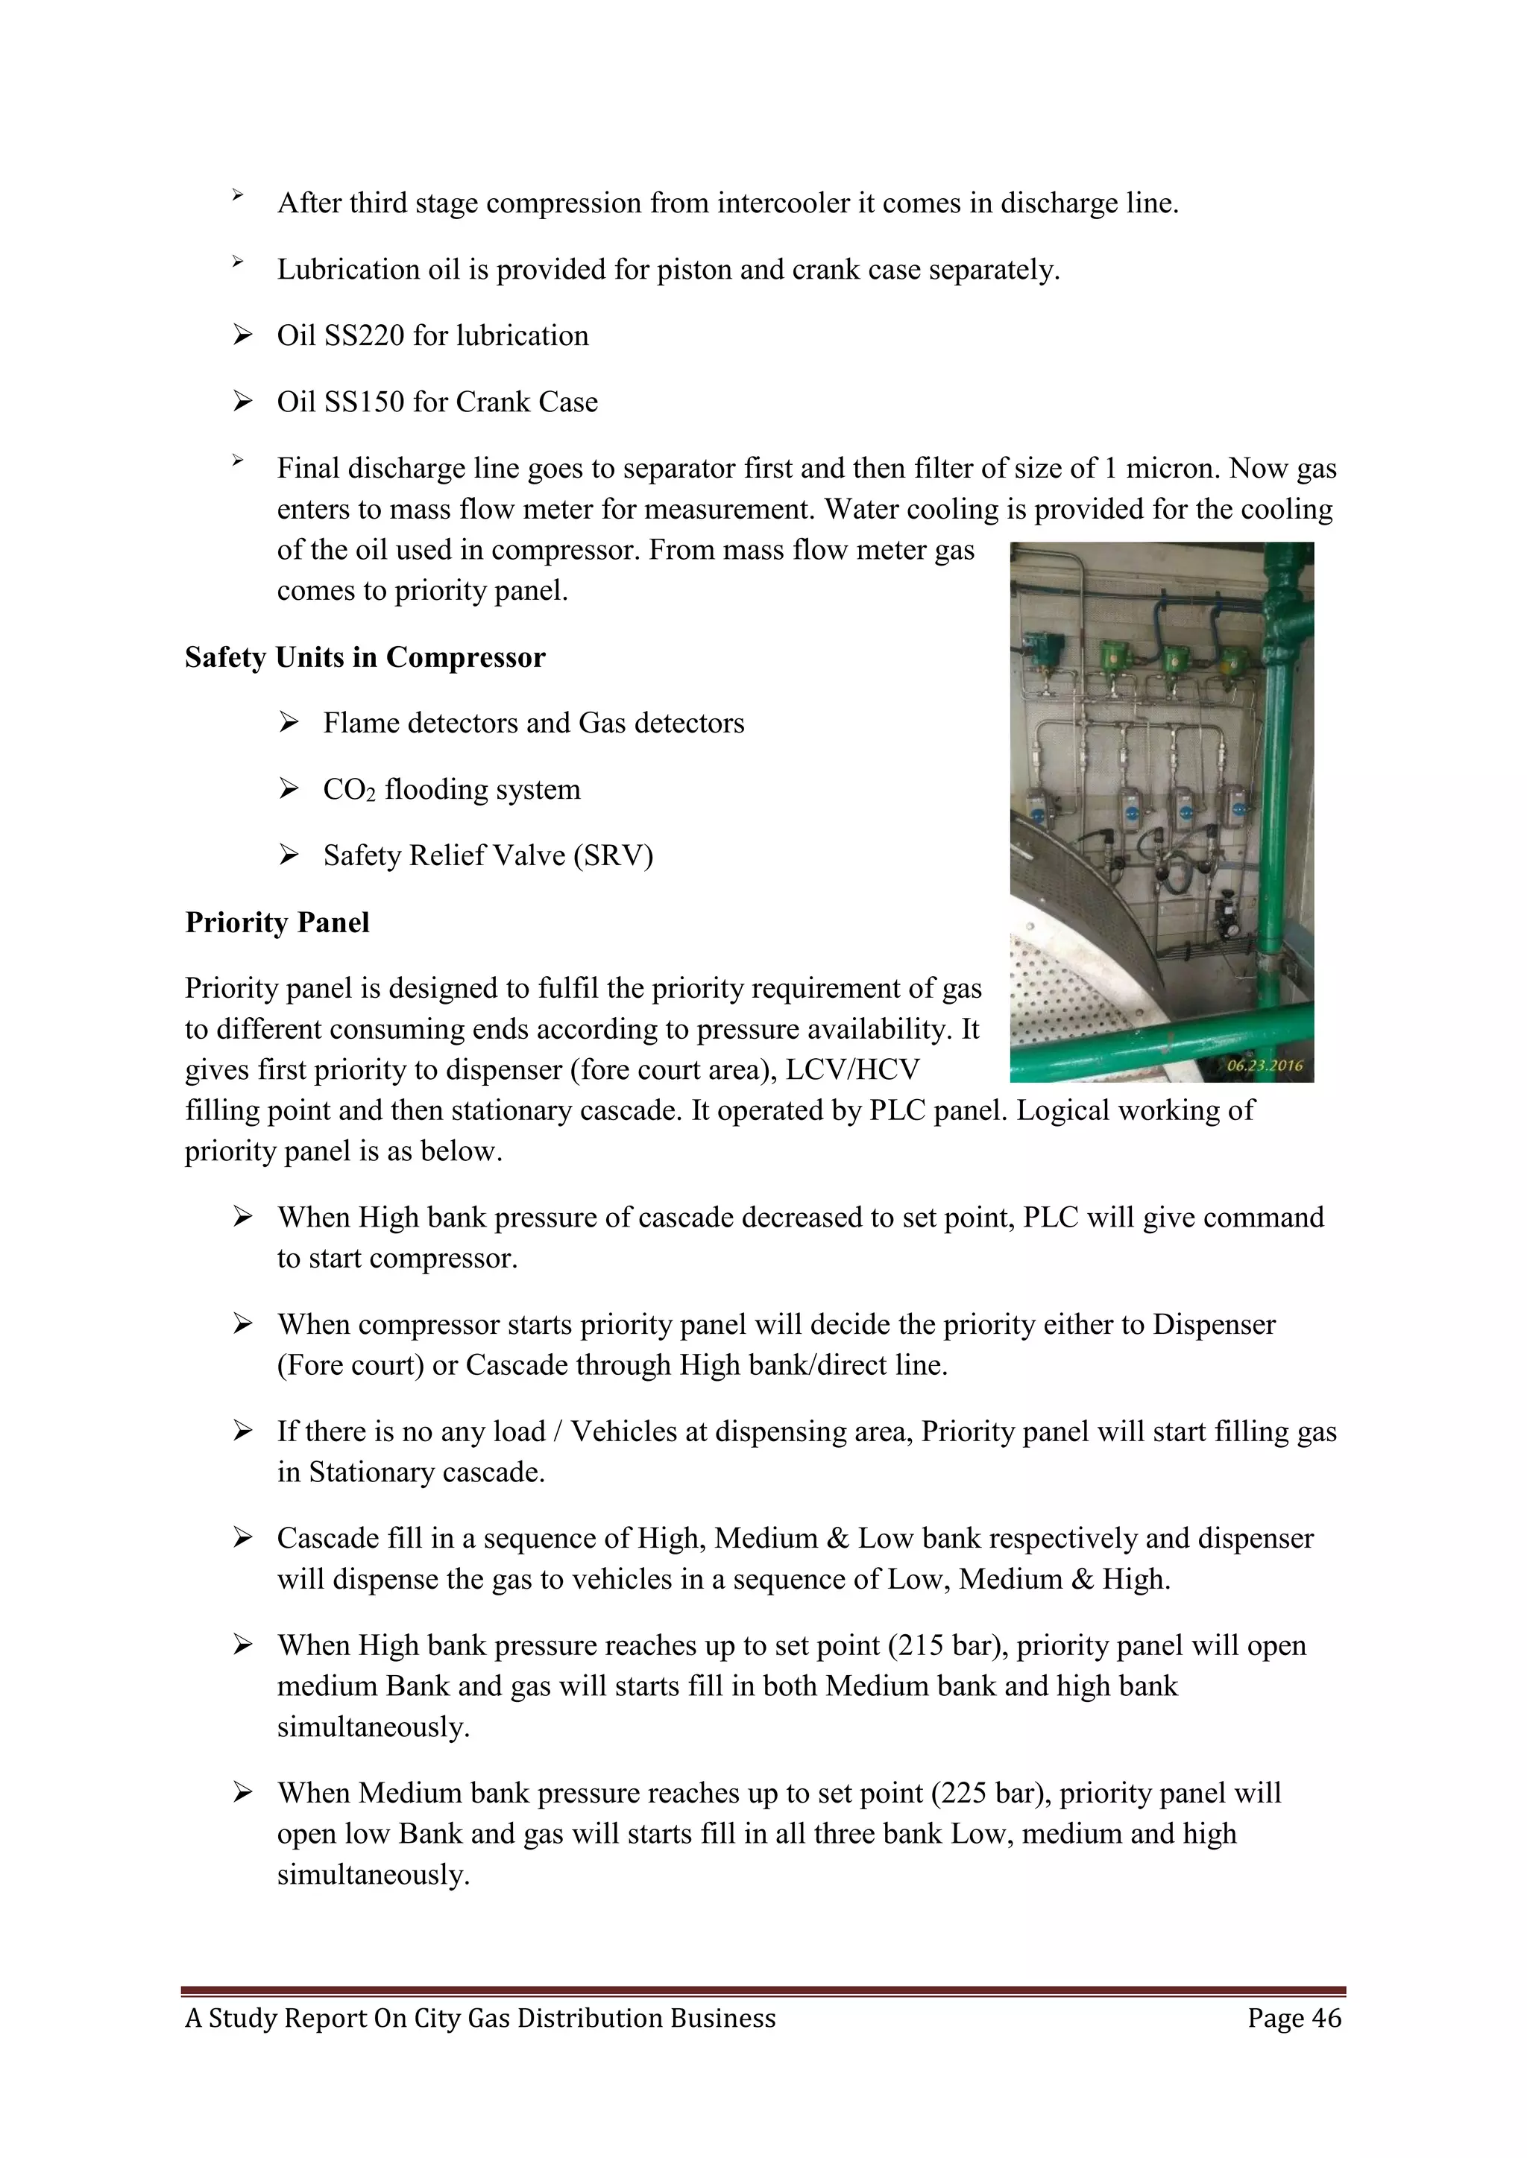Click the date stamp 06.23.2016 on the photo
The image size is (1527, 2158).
[x=1264, y=1066]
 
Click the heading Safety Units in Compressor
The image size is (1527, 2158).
[x=365, y=657]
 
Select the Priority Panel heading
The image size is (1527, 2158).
[x=277, y=922]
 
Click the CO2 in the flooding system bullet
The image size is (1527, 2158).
[x=349, y=791]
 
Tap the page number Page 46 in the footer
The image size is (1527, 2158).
[x=1294, y=2018]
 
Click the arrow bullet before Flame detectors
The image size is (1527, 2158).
[x=289, y=723]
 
